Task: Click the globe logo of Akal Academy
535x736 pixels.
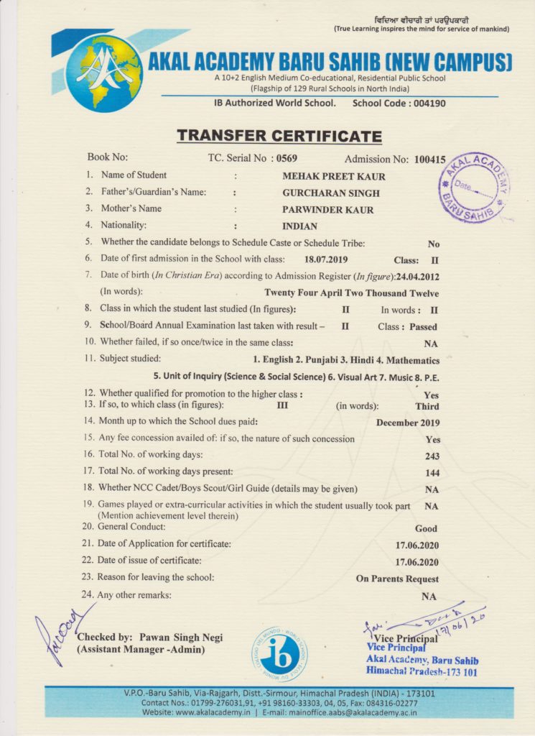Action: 105,73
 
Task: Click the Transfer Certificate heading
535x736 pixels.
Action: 279,137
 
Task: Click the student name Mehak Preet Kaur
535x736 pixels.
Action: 334,176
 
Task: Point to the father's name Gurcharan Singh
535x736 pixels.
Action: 331,193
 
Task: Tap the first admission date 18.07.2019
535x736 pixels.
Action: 326,259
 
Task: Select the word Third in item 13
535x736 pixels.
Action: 427,405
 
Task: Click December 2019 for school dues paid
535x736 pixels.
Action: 408,423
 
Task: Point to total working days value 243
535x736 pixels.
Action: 432,456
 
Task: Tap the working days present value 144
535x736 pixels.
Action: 432,473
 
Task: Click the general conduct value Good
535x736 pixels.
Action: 426,528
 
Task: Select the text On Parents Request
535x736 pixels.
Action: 397,579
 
